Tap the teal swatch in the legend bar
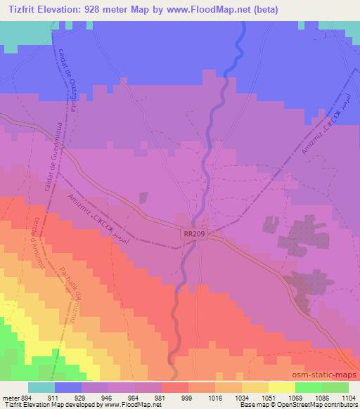[41, 387]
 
